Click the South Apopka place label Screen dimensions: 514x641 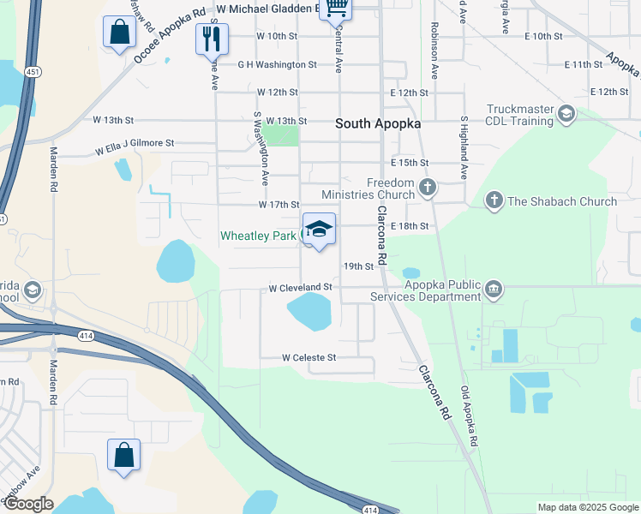click(x=377, y=123)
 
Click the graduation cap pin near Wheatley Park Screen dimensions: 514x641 click(x=319, y=229)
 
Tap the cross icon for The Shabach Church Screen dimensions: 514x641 click(x=494, y=201)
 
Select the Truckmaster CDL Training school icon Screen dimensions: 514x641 click(x=566, y=113)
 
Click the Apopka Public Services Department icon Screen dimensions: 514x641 click(x=494, y=290)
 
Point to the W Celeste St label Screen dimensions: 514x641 click(x=308, y=356)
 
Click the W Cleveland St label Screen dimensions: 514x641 click(x=299, y=287)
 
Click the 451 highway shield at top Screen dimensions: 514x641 click(x=31, y=71)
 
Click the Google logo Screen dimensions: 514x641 click(x=27, y=504)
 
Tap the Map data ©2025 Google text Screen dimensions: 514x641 click(x=587, y=507)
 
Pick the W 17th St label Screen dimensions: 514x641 click(x=279, y=205)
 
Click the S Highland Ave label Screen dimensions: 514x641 click(x=464, y=147)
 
